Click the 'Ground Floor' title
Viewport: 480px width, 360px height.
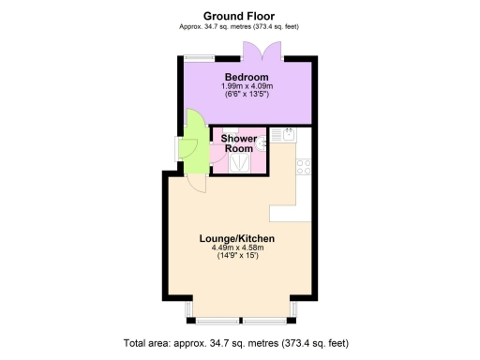click(239, 15)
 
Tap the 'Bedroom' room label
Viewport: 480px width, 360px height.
click(246, 77)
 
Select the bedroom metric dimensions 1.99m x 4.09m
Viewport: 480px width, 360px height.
click(246, 86)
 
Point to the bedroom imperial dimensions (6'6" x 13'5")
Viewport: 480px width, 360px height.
click(246, 95)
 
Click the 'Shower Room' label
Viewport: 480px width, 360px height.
click(237, 143)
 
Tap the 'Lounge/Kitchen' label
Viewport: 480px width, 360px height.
click(237, 239)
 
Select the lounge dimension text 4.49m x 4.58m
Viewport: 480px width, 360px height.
click(237, 248)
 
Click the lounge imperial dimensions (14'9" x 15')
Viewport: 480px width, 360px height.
click(237, 257)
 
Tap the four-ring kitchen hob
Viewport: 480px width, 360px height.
click(304, 167)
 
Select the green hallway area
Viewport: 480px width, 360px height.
click(195, 150)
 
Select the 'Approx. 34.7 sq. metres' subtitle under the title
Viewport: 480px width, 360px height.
click(239, 26)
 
